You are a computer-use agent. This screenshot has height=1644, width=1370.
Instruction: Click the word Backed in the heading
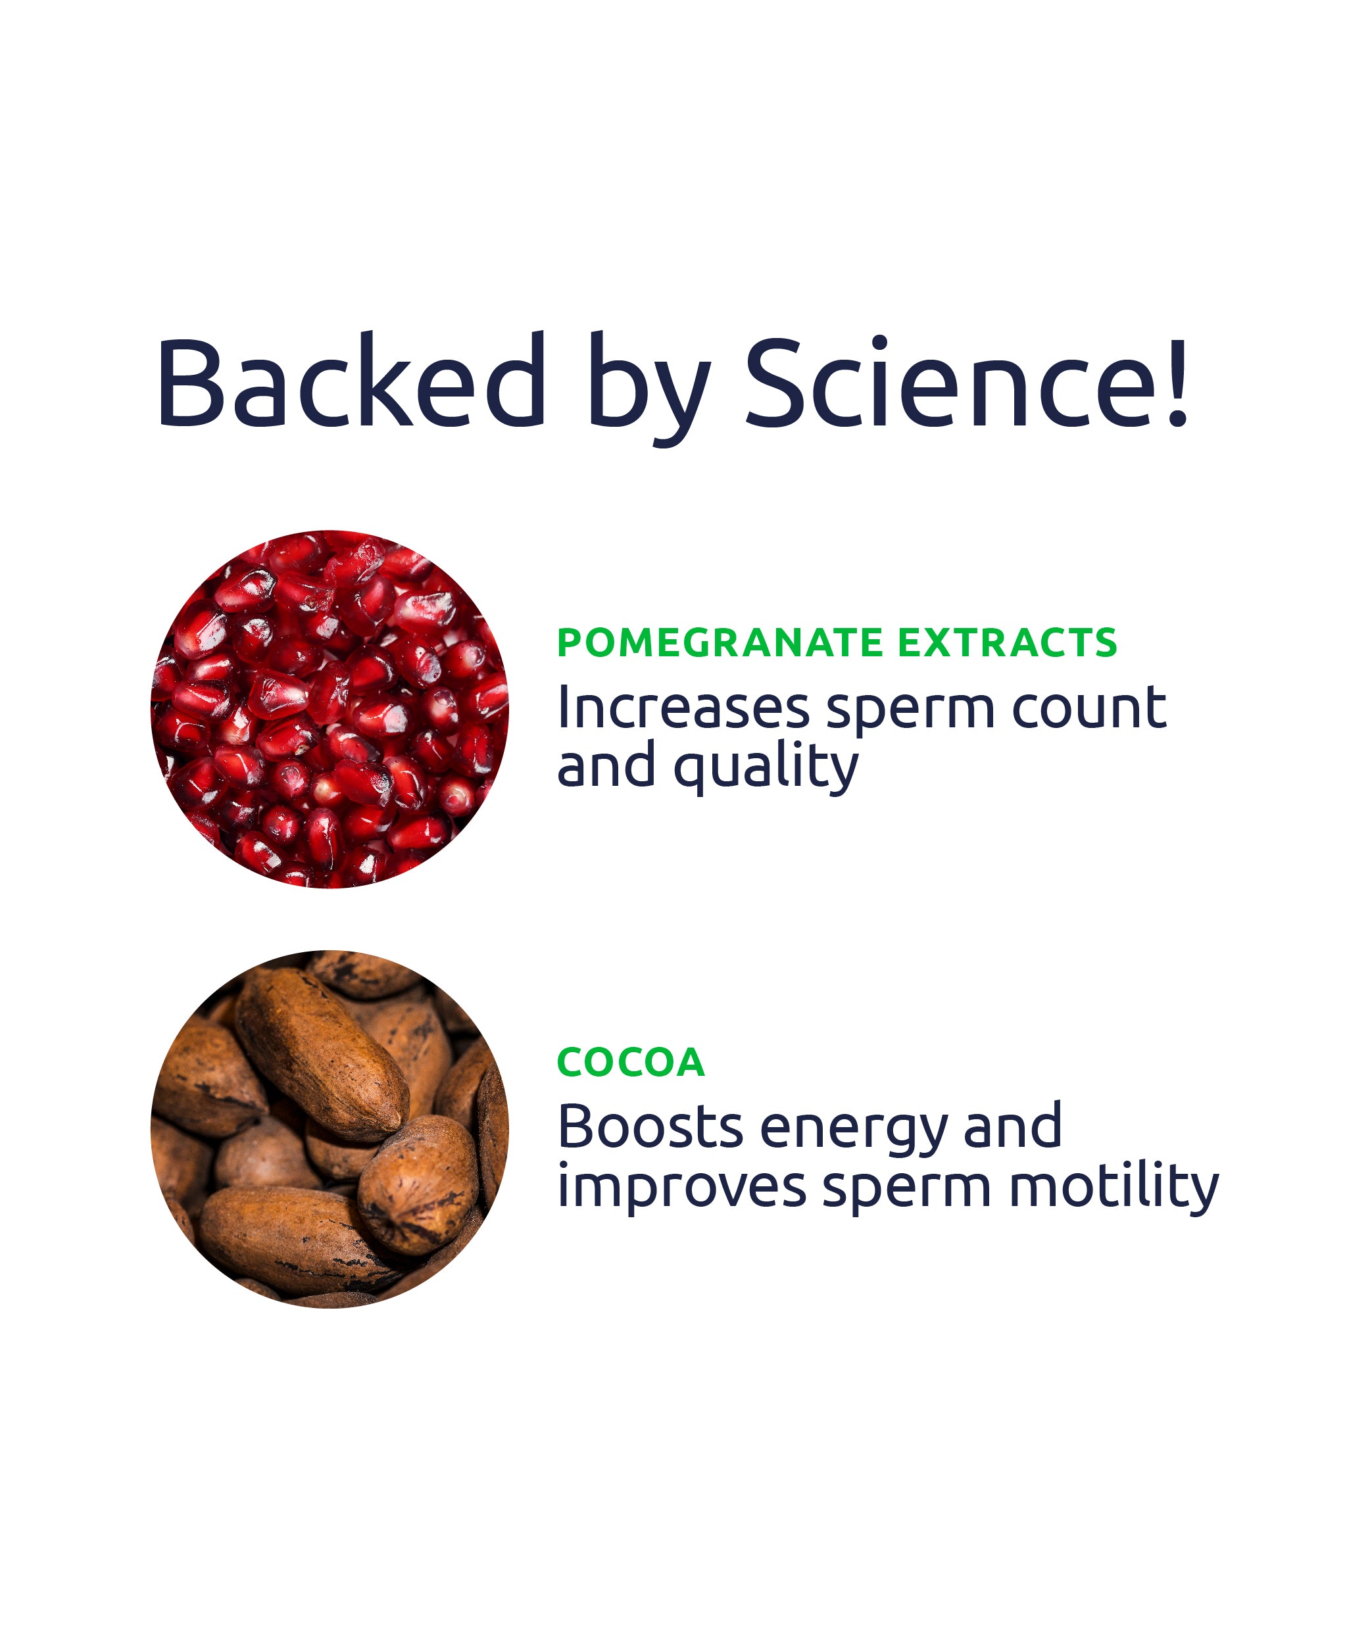351,381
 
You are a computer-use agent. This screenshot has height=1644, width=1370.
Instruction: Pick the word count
1089,710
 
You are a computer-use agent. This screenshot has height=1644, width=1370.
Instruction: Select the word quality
766,769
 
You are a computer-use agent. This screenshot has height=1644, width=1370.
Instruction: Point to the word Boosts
650,1127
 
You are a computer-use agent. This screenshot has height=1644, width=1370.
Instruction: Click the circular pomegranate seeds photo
330,710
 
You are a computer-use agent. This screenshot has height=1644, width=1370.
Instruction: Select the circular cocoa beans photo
330,1129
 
